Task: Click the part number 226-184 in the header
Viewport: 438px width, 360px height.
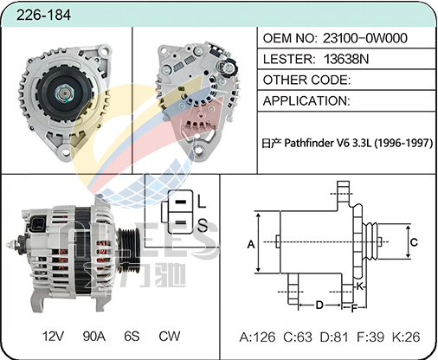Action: pos(43,15)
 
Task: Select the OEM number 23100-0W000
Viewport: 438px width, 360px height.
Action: pos(365,38)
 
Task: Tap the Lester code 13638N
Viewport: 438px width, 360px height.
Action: pos(346,59)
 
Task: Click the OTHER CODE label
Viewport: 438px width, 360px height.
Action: pos(306,80)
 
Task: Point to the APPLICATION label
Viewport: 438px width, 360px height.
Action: pos(306,101)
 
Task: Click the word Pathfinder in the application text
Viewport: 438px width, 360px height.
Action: pos(308,143)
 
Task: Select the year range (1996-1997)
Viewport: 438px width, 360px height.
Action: pos(403,143)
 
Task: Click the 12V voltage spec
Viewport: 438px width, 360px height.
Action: pos(53,336)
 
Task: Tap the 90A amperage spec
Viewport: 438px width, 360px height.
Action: pos(94,336)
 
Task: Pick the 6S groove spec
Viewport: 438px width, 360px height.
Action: pos(132,336)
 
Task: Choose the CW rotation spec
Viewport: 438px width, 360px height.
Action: pos(170,336)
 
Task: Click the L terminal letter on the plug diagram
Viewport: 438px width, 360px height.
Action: pos(202,201)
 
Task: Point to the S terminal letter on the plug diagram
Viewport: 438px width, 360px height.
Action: pos(203,225)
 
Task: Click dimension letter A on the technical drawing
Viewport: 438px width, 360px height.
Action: pos(251,244)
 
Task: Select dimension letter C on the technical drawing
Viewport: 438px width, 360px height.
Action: pos(414,241)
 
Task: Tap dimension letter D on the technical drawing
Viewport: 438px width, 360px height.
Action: pos(319,305)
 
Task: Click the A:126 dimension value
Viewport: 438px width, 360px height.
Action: pos(257,337)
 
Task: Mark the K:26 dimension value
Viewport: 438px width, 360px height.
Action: pos(406,337)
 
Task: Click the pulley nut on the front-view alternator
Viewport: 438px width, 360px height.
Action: pos(65,93)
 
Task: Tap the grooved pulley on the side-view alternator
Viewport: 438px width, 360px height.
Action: pos(130,246)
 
